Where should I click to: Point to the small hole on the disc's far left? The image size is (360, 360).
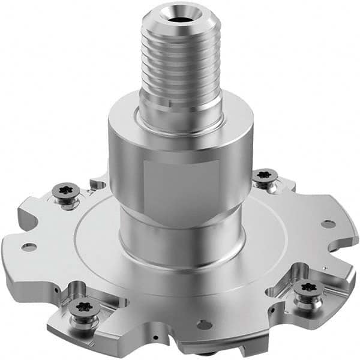[28, 247]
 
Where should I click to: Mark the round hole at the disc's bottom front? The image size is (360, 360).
[205, 325]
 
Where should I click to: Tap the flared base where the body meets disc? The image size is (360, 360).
[180, 246]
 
